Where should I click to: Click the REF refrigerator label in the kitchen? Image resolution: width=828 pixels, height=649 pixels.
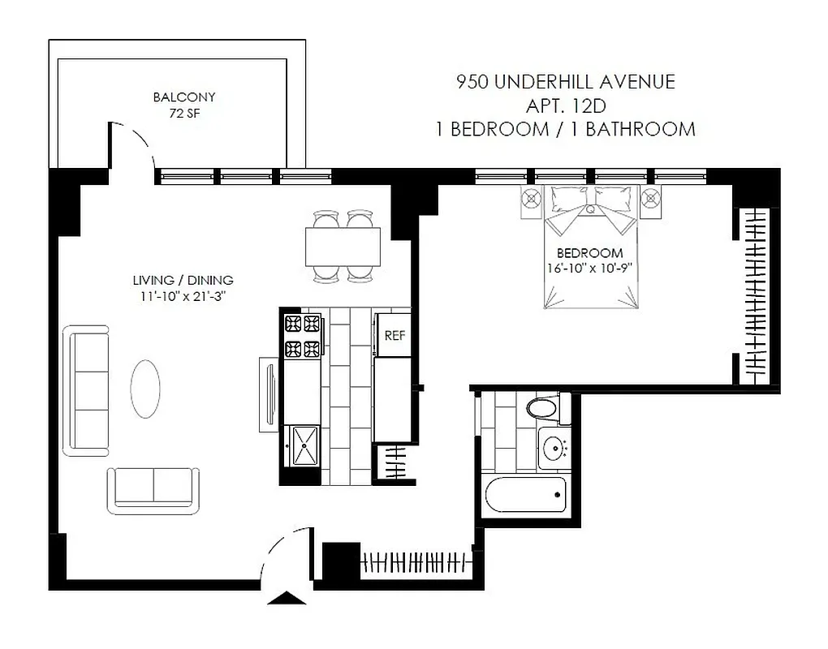(x=395, y=335)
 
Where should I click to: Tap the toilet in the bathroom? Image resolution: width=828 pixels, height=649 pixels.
(x=542, y=407)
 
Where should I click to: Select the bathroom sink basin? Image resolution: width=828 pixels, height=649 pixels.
(x=554, y=447)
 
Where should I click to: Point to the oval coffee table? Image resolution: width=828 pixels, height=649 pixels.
(x=146, y=389)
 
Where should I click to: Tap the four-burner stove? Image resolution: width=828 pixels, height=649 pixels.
(x=301, y=337)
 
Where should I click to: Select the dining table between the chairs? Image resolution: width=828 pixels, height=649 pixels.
(x=343, y=247)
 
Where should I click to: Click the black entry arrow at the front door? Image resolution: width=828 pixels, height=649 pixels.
(x=287, y=599)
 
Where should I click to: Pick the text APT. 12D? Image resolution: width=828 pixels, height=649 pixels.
(x=566, y=105)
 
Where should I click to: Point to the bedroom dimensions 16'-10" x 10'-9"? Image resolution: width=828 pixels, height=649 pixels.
(x=584, y=269)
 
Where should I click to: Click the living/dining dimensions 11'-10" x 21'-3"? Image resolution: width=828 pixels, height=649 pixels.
(x=183, y=296)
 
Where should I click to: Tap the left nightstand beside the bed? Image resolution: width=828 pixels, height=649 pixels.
(x=531, y=199)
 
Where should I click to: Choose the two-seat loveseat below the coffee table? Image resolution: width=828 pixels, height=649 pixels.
(x=153, y=488)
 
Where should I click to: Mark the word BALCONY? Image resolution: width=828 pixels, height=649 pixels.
(x=184, y=97)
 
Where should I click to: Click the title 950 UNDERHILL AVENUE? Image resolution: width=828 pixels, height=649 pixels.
(x=566, y=82)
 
